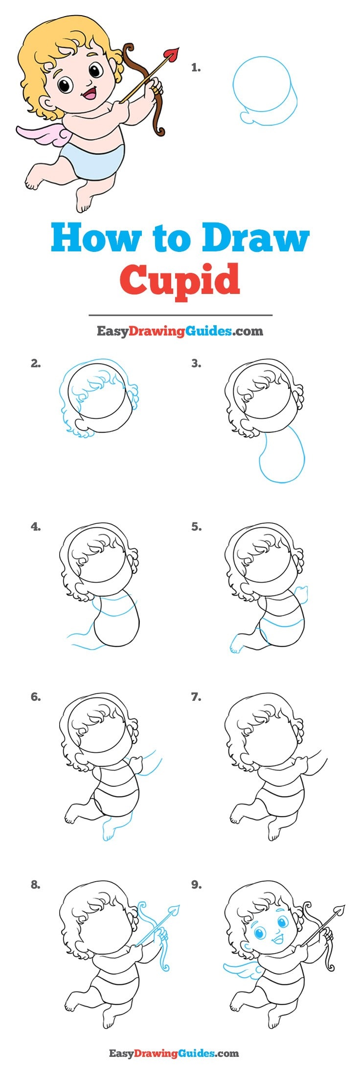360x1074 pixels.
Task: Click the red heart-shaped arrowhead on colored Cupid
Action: [x=172, y=54]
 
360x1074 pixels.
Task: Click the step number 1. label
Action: [x=196, y=68]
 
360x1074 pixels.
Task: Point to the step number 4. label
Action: [x=35, y=527]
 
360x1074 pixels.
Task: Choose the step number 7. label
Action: [x=196, y=697]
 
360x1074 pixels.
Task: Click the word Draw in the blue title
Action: [x=256, y=238]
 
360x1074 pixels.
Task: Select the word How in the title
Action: [x=93, y=238]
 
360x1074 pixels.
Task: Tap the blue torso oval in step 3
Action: [x=282, y=455]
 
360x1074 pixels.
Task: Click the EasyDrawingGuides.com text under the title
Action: [x=180, y=331]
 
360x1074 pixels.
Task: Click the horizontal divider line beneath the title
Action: [x=180, y=315]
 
